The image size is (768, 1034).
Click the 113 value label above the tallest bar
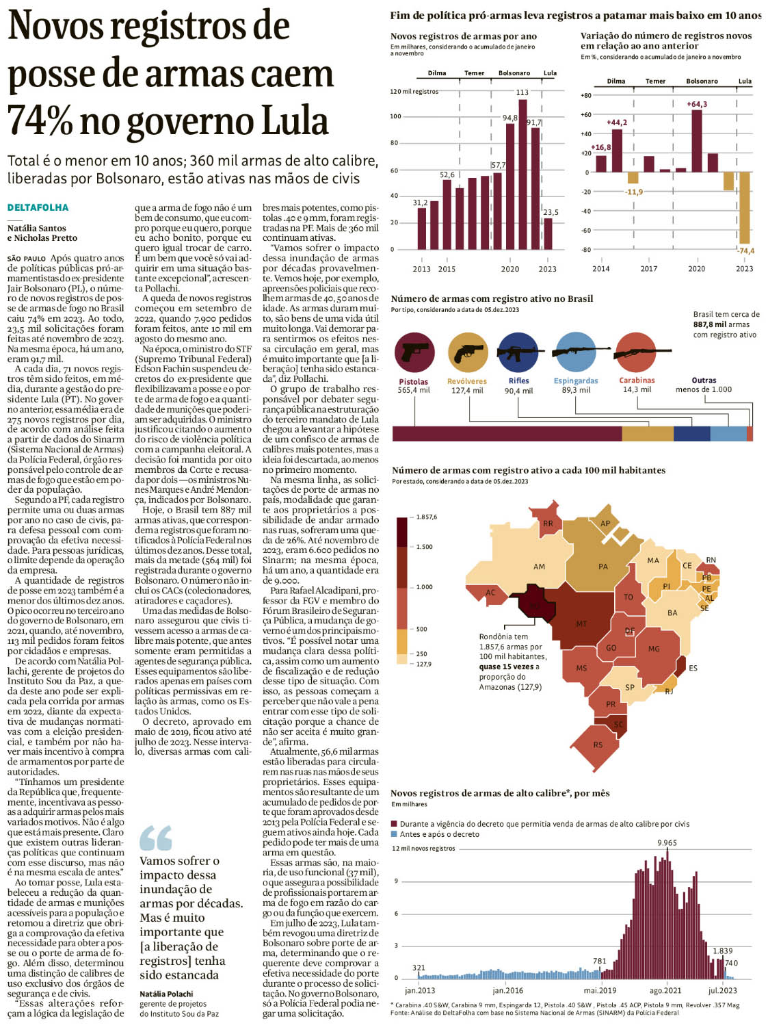coord(522,92)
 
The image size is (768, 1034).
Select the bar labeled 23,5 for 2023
coord(548,233)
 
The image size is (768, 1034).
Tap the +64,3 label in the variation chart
coord(696,104)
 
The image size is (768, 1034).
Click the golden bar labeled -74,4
coord(745,208)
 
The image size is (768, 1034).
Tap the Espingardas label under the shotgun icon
coord(576,380)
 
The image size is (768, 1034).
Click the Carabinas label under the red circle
coord(637,380)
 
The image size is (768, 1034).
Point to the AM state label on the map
coord(539,567)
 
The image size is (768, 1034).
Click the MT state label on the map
coord(581,624)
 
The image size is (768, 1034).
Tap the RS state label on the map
coord(598,745)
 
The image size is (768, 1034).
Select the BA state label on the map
coord(672,612)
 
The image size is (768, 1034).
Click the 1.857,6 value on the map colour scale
coord(426,517)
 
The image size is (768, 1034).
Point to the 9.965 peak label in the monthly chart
coord(667,842)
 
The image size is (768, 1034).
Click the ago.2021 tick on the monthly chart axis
coord(665,990)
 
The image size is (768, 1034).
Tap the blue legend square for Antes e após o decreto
coord(394,834)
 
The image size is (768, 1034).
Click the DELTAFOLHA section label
coord(38,207)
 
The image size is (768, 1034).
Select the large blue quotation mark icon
coord(155,838)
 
